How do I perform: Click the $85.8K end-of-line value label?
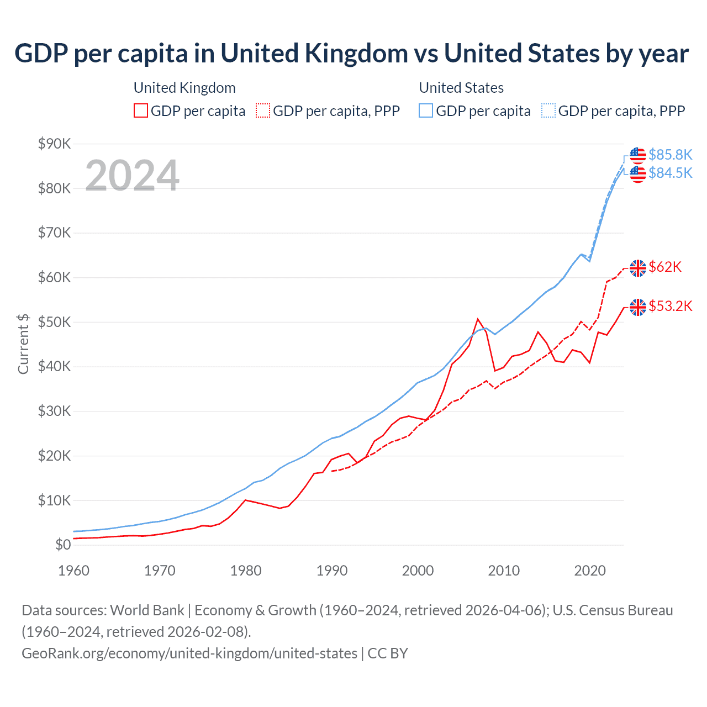(670, 155)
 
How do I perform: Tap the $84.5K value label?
(670, 173)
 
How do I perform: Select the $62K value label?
(665, 267)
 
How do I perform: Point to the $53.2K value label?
(670, 307)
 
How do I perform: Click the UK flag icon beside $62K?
(638, 268)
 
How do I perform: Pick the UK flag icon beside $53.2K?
(638, 307)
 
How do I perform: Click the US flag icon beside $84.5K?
(638, 174)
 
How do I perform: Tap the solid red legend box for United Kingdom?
(141, 111)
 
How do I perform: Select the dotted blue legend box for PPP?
(548, 111)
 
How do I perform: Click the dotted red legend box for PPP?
(263, 111)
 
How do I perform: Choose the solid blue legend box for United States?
(426, 111)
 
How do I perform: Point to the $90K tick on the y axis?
(54, 144)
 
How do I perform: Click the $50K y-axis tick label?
(54, 323)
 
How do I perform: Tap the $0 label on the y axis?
(63, 545)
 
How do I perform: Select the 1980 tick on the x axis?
(246, 571)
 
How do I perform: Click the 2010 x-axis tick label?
(504, 571)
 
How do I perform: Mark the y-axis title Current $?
(23, 344)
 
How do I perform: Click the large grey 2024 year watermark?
(132, 176)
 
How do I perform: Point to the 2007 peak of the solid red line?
(478, 319)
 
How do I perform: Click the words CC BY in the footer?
(388, 653)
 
